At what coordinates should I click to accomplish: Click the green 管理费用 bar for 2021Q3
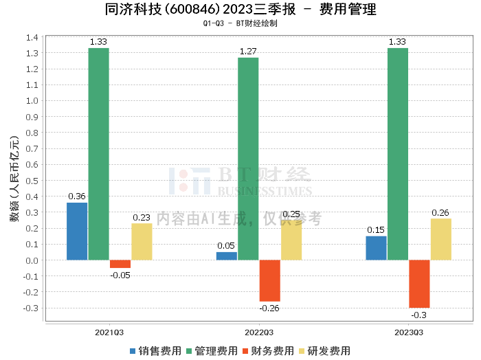tap(98, 154)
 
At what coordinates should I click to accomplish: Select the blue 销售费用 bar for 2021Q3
tap(77, 231)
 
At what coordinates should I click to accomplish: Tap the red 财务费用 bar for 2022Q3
tap(269, 280)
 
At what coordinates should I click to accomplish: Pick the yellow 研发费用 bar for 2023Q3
tap(440, 239)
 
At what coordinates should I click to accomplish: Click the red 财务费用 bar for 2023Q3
tap(419, 284)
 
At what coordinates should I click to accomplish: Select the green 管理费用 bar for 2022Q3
tap(248, 159)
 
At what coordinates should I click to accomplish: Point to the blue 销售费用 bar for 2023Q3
tap(376, 248)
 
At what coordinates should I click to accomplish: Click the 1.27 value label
tap(248, 51)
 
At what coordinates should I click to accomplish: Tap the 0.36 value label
tap(77, 196)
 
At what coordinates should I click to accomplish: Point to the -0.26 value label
tap(269, 308)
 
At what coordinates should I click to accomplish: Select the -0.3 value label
tap(419, 315)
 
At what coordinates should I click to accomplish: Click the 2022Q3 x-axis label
tap(259, 333)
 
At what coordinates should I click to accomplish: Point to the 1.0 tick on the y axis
tap(32, 100)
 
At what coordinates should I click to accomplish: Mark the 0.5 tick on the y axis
tap(32, 181)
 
